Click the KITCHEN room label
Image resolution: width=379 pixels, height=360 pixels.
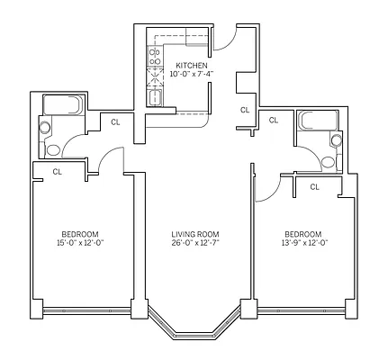click(192, 66)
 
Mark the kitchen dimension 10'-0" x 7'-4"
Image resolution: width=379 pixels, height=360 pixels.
click(192, 75)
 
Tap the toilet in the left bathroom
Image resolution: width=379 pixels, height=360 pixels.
click(53, 148)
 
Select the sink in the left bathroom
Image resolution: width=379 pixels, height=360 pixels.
click(44, 127)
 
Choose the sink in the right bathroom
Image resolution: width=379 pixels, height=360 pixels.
click(338, 140)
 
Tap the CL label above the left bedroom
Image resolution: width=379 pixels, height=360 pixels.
click(57, 170)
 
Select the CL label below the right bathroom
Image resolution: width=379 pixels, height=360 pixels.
click(314, 186)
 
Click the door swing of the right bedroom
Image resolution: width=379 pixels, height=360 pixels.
click(266, 187)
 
